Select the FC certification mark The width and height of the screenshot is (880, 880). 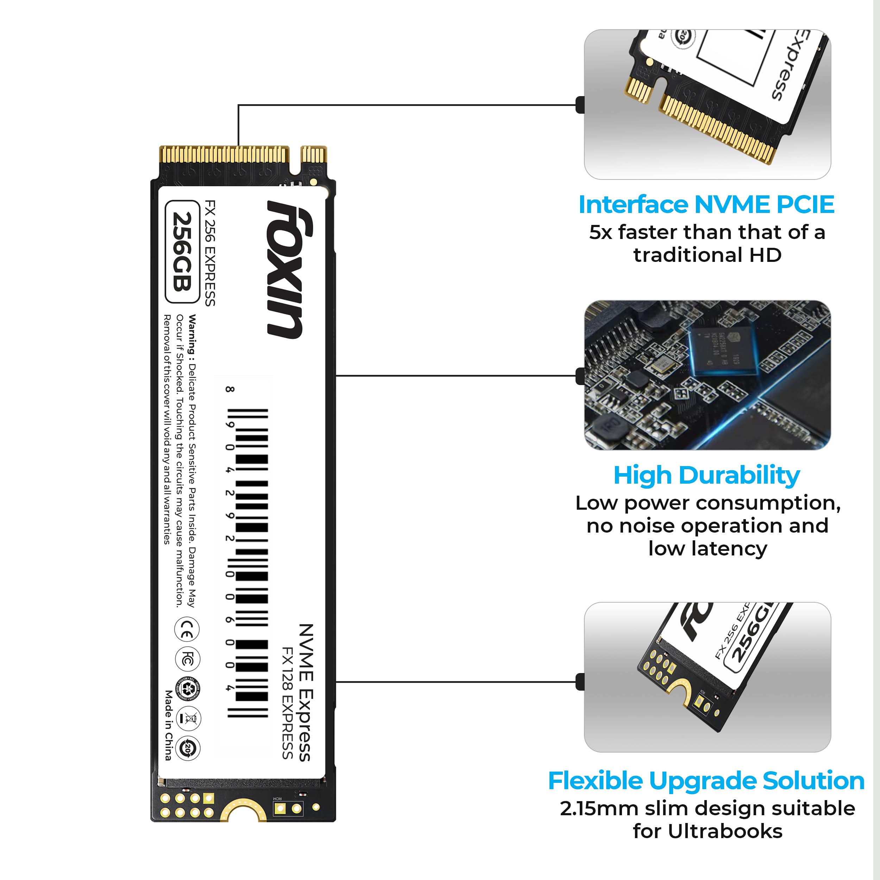tap(187, 659)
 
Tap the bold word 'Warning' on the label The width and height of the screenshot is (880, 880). tap(193, 334)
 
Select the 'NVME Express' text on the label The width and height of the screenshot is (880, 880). tap(306, 692)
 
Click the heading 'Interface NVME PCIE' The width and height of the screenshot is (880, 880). tap(706, 205)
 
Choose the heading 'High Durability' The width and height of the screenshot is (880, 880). tap(706, 475)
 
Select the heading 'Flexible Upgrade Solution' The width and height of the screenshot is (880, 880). tap(706, 781)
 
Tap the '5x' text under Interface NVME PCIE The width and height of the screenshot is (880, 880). tap(600, 233)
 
